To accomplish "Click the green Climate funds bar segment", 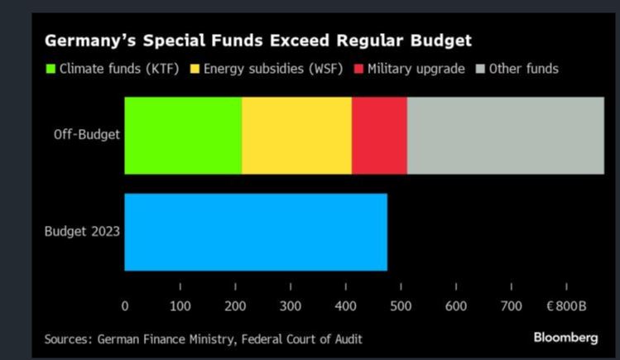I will [183, 135].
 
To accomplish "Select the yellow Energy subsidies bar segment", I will [296, 135].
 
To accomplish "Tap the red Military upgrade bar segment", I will [379, 135].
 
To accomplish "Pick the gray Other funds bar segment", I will [505, 135].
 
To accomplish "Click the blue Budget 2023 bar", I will [256, 232].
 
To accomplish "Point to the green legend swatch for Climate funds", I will [50, 69].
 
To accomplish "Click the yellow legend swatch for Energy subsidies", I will [196, 69].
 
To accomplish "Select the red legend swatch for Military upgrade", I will [358, 69].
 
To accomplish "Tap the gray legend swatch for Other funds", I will [482, 69].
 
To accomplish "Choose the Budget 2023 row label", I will [82, 232].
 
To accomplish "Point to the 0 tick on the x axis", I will [125, 305].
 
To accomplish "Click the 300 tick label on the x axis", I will [291, 305].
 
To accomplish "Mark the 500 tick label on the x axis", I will [401, 305].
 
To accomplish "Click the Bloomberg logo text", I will [565, 338].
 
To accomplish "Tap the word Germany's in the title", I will [85, 40].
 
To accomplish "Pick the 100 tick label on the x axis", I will [180, 305].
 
